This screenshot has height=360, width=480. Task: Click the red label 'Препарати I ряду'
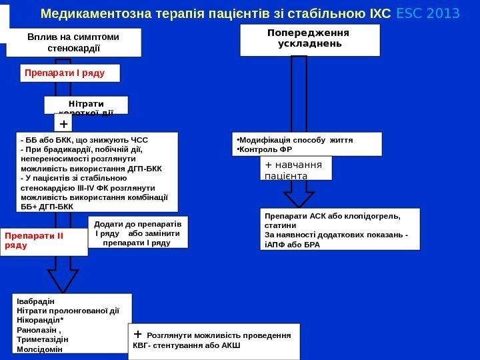65,71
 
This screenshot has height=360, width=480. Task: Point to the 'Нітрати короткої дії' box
85,105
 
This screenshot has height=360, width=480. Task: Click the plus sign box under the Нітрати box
63,124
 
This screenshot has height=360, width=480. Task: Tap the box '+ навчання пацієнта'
295,169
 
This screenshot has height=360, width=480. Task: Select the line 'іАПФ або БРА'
293,244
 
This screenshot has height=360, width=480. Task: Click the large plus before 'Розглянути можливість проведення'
138,333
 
